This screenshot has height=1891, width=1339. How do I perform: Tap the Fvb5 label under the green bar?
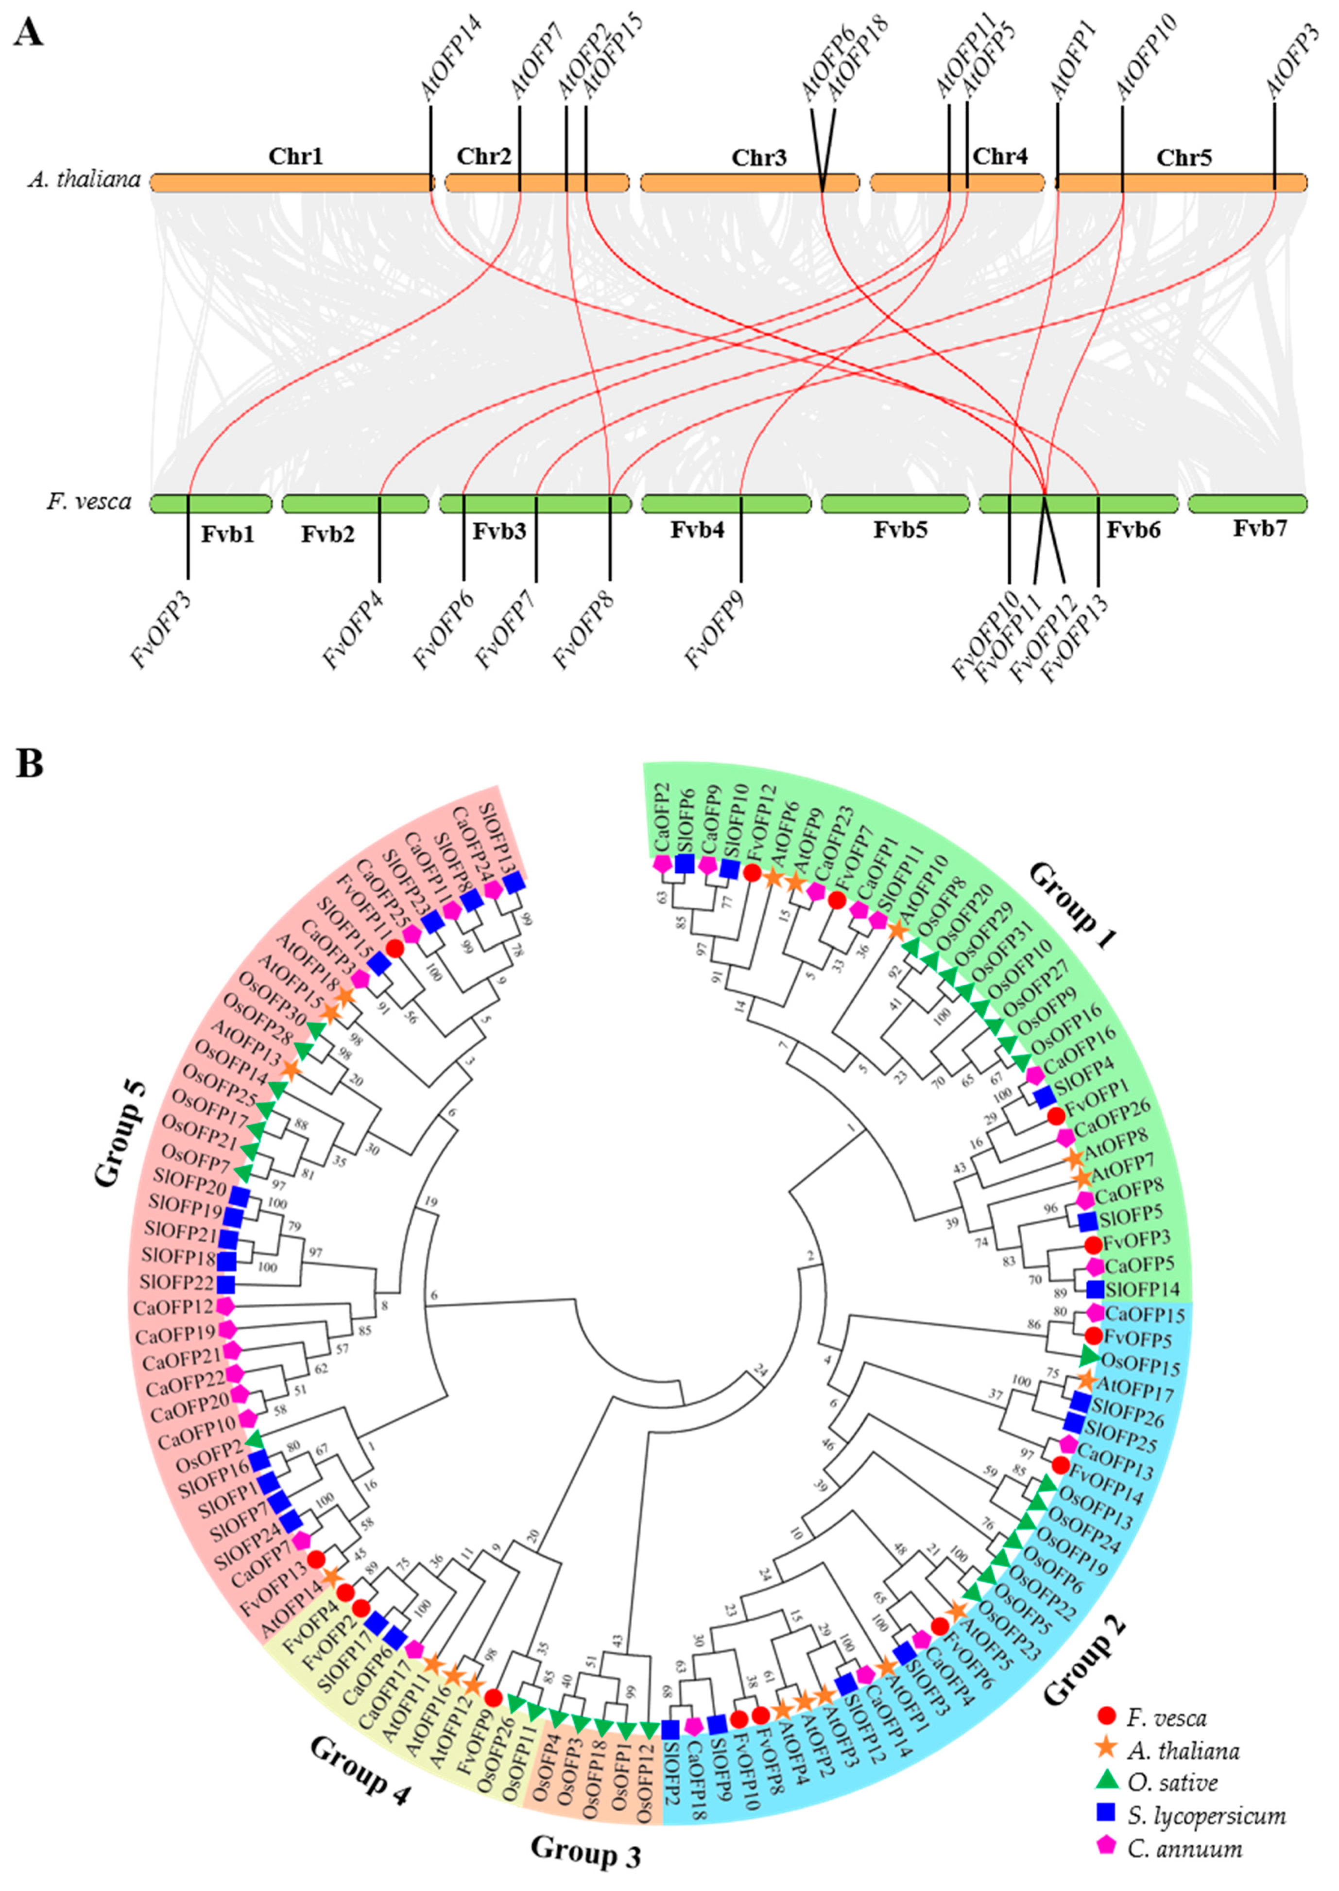[900, 529]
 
